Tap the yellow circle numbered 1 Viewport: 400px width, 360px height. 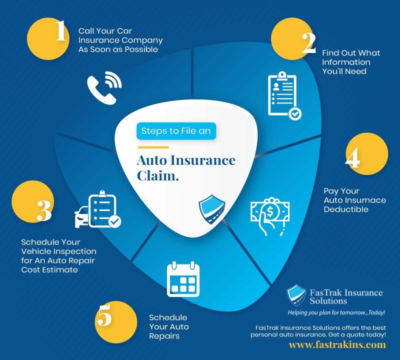[48, 39]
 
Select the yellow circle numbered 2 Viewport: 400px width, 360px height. [292, 39]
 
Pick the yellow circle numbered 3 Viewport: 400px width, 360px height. [32, 201]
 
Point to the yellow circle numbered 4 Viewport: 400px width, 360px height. [367, 153]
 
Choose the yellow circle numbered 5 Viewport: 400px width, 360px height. [116, 322]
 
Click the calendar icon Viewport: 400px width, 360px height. [183, 279]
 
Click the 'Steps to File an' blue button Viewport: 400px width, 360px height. [176, 131]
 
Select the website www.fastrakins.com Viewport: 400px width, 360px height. [337, 345]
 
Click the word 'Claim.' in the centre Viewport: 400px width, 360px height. [157, 176]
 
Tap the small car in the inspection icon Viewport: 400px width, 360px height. [81, 217]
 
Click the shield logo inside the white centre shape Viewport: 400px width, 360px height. [211, 209]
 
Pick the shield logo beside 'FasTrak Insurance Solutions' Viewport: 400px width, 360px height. [296, 295]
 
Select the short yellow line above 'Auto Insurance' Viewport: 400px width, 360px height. [153, 147]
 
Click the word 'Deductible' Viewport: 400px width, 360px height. [346, 209]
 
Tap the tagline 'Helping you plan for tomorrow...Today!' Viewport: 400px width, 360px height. [336, 312]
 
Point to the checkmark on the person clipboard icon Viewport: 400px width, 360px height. [295, 114]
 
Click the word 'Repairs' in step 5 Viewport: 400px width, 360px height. [164, 336]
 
